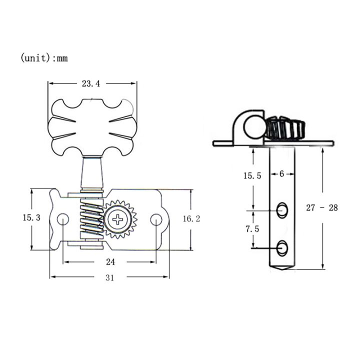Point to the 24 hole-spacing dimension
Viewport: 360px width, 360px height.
[110, 261]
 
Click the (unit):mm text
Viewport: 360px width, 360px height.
[44, 58]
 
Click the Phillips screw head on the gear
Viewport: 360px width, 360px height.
[119, 219]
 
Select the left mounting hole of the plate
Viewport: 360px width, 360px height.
[63, 218]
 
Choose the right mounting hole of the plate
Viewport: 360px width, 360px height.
[156, 218]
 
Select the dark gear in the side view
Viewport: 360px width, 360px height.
[284, 128]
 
